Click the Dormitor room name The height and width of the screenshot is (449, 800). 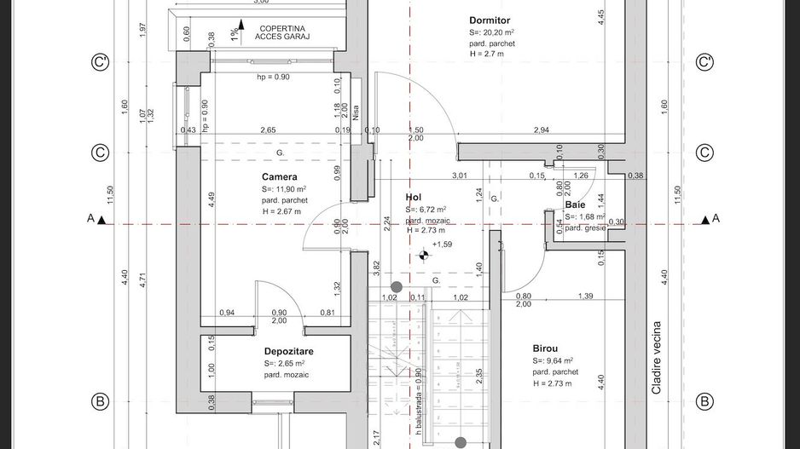click(x=490, y=20)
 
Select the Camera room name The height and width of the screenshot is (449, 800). click(x=280, y=176)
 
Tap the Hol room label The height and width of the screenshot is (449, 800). click(x=414, y=197)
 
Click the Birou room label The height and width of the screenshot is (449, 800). click(x=546, y=348)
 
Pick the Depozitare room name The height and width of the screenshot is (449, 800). click(x=288, y=351)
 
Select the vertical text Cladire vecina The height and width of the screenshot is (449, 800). click(x=656, y=358)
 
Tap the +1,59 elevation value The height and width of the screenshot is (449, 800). click(x=442, y=245)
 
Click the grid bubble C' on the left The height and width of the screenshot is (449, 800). click(x=101, y=62)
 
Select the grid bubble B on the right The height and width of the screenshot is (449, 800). click(x=704, y=401)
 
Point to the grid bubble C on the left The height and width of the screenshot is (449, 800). click(x=101, y=153)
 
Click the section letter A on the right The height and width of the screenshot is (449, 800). click(x=716, y=219)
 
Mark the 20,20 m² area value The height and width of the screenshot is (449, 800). click(x=499, y=32)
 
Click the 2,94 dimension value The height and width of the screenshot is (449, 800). click(x=541, y=130)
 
